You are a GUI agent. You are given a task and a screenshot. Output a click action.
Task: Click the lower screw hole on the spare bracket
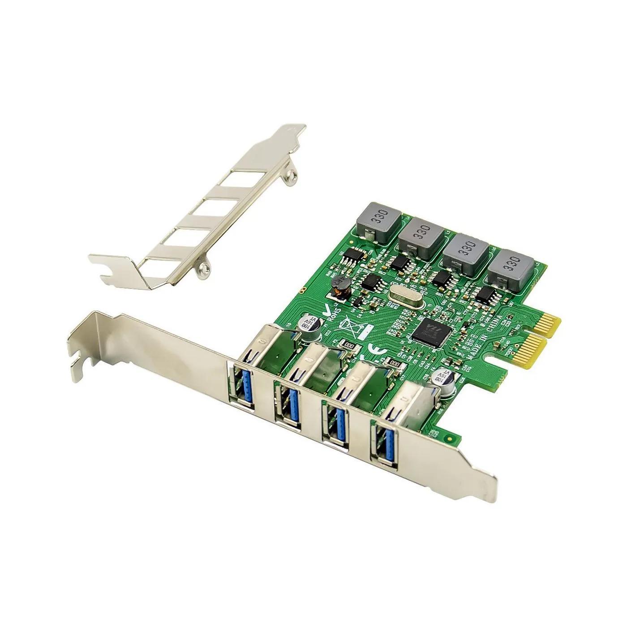point(204,267)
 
